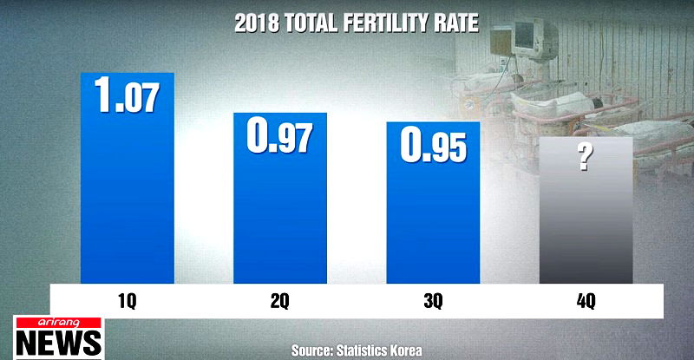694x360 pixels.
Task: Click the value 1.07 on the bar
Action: coord(127,95)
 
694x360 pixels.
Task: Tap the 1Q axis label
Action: coord(127,300)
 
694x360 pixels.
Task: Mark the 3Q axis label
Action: coord(433,300)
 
